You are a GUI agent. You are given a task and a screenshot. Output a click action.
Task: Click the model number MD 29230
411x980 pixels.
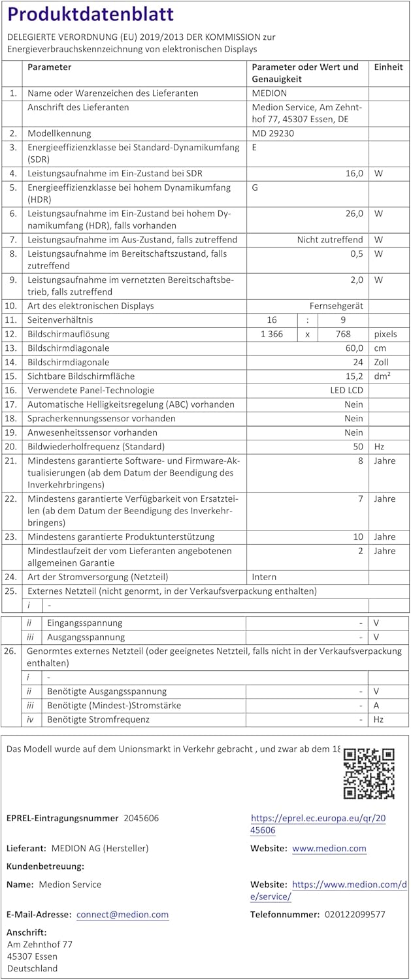273,133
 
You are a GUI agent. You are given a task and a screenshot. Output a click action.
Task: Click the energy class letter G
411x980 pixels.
255,188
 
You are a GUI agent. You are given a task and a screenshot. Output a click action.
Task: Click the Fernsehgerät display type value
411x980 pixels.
337,306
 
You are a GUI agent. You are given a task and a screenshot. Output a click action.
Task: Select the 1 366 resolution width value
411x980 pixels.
272,334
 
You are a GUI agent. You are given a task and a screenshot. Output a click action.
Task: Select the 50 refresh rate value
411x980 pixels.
358,447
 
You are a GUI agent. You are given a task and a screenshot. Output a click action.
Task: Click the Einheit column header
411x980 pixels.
388,67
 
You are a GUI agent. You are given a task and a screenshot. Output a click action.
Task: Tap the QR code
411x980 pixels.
369,774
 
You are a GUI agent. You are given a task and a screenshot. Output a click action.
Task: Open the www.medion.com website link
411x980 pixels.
329,849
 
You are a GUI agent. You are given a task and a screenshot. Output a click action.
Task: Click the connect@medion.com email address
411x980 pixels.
122,915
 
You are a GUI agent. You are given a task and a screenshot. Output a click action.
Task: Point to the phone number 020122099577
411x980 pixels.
355,915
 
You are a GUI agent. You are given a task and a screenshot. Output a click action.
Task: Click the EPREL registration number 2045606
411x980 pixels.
141,818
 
